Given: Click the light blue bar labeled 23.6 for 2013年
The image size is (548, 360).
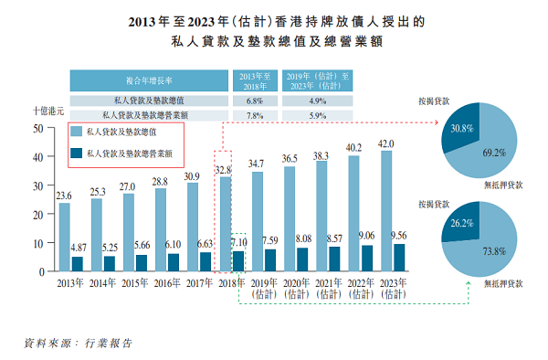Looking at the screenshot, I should pyautogui.click(x=65, y=238).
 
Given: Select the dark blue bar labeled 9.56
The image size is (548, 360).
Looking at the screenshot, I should pyautogui.click(x=399, y=258).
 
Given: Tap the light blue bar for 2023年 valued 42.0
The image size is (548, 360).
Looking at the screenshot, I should pyautogui.click(x=386, y=211).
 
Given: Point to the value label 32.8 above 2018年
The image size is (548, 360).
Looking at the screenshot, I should pyautogui.click(x=224, y=170).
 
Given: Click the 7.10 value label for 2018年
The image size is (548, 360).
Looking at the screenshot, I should pyautogui.click(x=237, y=244).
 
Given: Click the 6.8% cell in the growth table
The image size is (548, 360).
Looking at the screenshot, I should pyautogui.click(x=256, y=101).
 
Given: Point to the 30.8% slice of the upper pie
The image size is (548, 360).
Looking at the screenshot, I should pyautogui.click(x=459, y=130).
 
